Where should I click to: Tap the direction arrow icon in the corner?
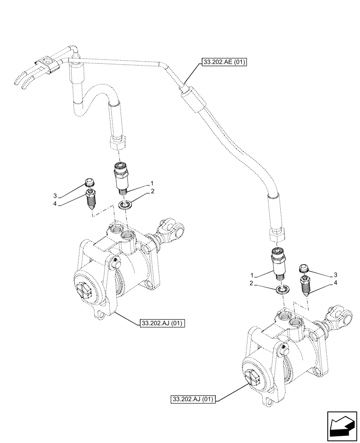pyautogui.click(x=342, y=426)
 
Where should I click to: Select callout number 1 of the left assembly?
pyautogui.click(x=152, y=183)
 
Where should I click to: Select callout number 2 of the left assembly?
pyautogui.click(x=152, y=191)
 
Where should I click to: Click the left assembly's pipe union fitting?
pyautogui.click(x=121, y=178)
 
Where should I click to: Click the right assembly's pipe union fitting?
pyautogui.click(x=278, y=264)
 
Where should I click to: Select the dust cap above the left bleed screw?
pyautogui.click(x=89, y=182)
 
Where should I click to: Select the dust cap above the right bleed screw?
pyautogui.click(x=304, y=268)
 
